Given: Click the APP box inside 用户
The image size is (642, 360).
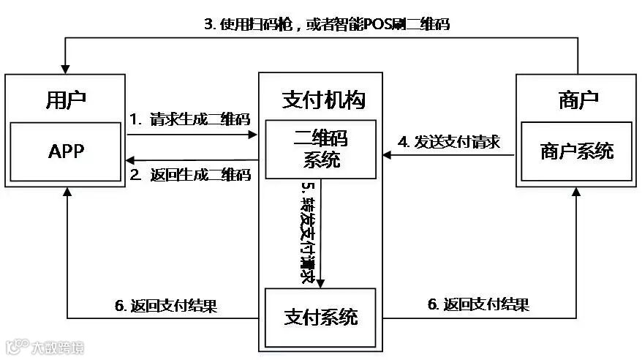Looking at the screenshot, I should coord(66,151).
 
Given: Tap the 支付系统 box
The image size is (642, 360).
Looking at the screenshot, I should coord(320,318).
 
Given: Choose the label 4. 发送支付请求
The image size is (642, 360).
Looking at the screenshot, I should coord(448,141).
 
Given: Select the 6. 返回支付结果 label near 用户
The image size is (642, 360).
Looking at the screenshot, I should coord(165,305).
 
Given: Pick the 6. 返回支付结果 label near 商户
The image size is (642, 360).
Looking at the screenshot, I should coord(477,304).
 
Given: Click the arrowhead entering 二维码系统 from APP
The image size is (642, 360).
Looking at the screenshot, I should coord(254,135).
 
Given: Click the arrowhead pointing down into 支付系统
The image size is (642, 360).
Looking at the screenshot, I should coord(320,282).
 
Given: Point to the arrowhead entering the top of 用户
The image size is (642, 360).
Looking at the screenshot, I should coord(66,67).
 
